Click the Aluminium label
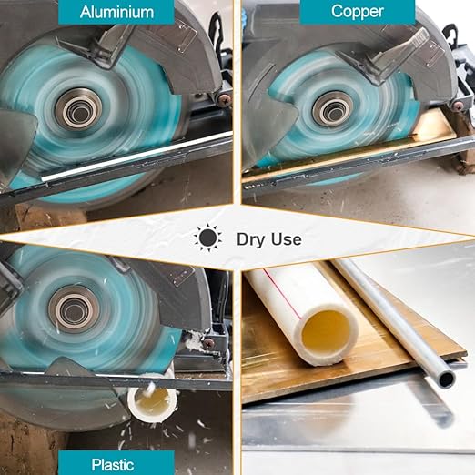coord(116,12)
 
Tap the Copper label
coord(358,12)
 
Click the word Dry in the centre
coord(251,239)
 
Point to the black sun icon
coord(207,237)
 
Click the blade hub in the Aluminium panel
coord(79,109)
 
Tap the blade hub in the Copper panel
coord(333,110)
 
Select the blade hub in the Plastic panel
coord(74,309)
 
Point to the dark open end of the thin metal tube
coord(446,379)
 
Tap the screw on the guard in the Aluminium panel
coord(225,99)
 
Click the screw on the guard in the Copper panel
coord(458,106)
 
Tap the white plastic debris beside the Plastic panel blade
coord(194,340)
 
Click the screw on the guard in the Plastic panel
coord(208,343)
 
